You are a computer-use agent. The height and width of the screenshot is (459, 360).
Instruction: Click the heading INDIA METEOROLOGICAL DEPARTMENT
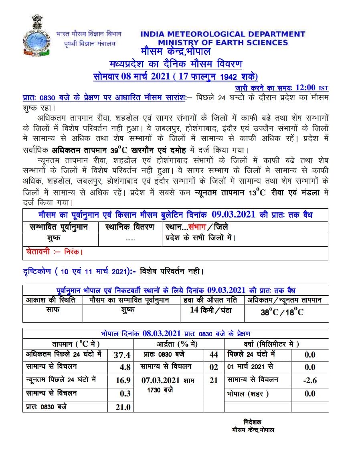[222, 35]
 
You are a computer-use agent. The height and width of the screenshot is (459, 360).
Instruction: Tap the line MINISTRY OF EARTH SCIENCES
[223, 43]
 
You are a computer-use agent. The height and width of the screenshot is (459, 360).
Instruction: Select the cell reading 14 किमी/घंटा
[211, 310]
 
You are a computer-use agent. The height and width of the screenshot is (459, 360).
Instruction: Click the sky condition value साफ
[52, 310]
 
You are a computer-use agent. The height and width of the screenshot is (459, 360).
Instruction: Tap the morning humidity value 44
[214, 355]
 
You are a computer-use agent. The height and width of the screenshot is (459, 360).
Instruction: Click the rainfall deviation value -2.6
[310, 380]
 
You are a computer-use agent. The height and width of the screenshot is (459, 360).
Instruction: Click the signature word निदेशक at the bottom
[253, 422]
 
